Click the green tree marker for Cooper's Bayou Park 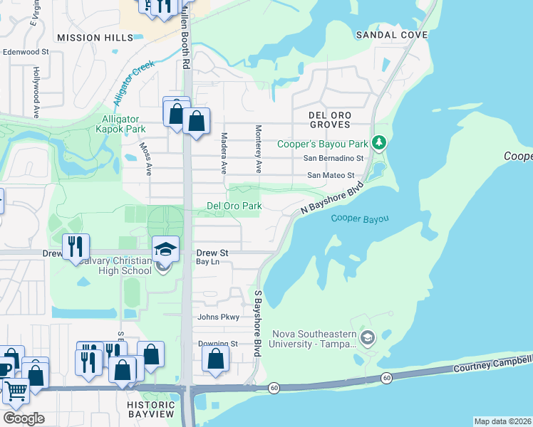tap(380, 143)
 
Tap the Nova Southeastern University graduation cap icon tap(368, 337)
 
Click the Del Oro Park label tap(234, 206)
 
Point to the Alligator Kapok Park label tap(120, 124)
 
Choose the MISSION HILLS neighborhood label tap(85, 37)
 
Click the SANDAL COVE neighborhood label tap(392, 35)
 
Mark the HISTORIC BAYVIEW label tap(156, 409)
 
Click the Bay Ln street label tap(207, 262)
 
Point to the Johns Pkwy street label tap(218, 317)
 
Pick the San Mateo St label tap(330, 175)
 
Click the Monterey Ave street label tap(259, 149)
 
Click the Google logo tap(23, 418)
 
